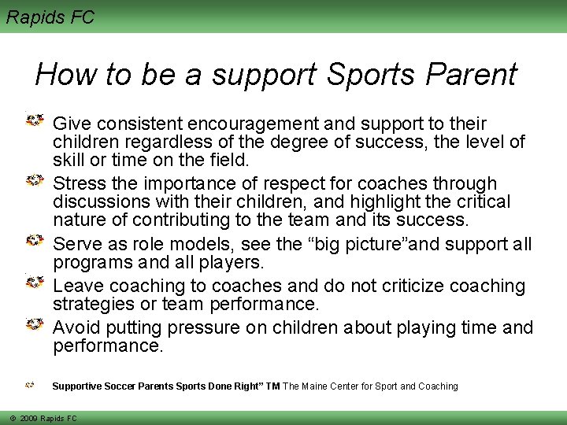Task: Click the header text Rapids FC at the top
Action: (x=50, y=16)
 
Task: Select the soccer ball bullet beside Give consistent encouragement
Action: (x=35, y=121)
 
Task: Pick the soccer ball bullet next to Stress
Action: (x=35, y=181)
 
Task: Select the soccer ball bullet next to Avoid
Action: (x=35, y=324)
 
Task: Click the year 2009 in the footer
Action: (x=31, y=419)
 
